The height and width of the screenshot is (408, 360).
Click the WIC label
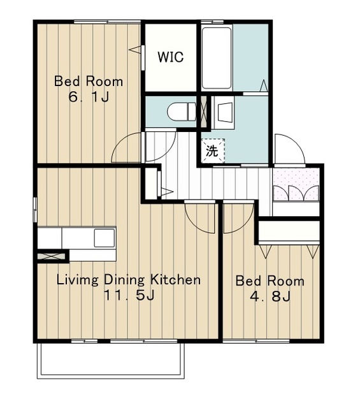pos(171,57)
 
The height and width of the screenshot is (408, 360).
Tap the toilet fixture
pos(182,112)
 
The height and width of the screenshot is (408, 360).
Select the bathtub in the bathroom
pos(217,58)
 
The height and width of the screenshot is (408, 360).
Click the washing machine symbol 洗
pos(213,150)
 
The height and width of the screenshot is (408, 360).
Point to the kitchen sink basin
pos(104,238)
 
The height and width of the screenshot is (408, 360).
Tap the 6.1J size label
pos(89,98)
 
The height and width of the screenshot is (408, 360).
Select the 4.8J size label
pos(270,296)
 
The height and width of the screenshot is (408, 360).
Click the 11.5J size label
pos(129,295)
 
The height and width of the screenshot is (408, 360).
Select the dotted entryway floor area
pos(296,184)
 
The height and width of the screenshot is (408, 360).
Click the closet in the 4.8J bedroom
pos(289,231)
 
